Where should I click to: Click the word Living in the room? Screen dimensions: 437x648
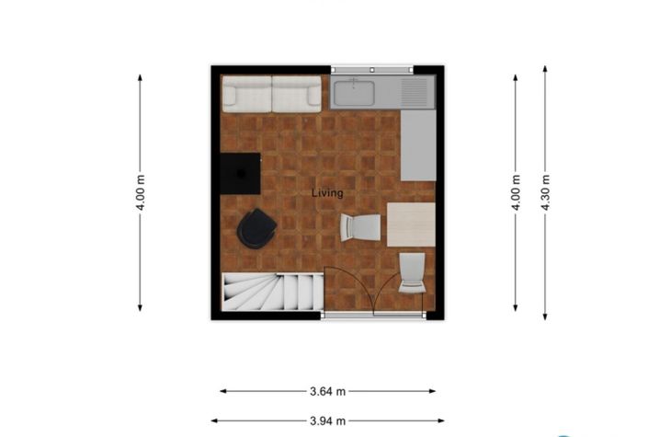pos(327,193)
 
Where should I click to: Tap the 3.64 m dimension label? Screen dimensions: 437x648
pos(327,391)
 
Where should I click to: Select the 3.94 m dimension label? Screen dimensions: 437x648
pos(327,420)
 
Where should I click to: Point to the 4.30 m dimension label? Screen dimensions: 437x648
pos(545,193)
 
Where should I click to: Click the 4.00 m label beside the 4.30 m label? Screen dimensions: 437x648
pos(516,193)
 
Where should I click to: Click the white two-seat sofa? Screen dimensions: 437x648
pos(271,93)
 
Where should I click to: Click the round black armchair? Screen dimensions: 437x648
pos(256,229)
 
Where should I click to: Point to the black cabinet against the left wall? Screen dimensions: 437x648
pos(241,173)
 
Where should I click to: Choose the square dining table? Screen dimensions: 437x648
pos(410,224)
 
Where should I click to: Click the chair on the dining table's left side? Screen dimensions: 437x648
pos(361,226)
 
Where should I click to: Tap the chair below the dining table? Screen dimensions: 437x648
pos(412,272)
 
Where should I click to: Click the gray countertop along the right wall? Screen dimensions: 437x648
pos(418,144)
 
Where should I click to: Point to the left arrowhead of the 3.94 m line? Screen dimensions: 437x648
pos(215,420)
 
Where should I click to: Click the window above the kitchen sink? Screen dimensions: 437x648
pos(371,69)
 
